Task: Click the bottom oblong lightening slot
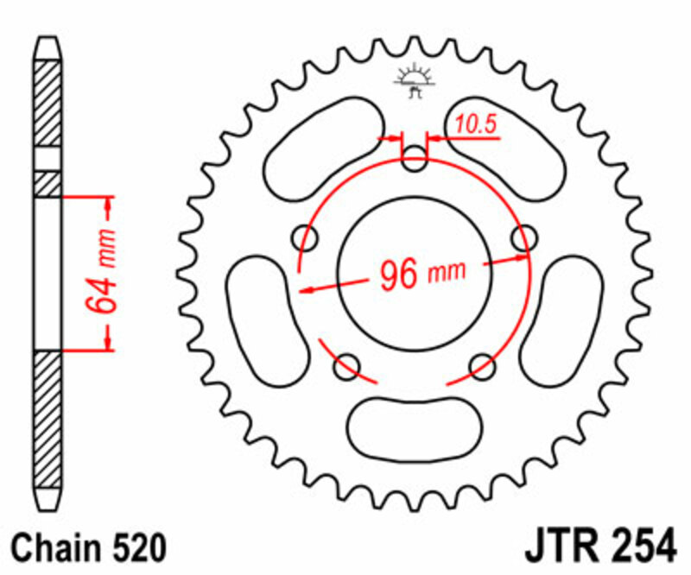click(414, 425)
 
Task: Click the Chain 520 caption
click(86, 547)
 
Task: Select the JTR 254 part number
click(599, 547)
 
